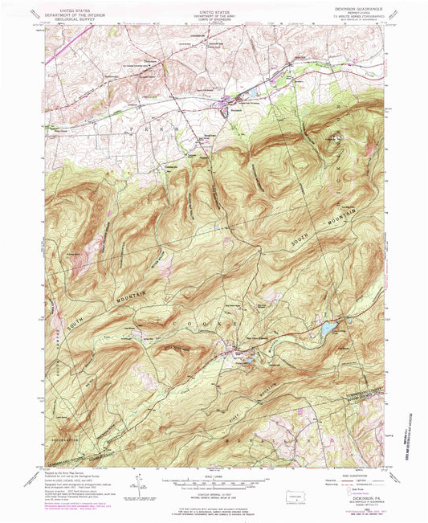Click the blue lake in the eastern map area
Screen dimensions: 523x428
pyautogui.click(x=328, y=328)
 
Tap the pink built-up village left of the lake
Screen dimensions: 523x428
pyautogui.click(x=241, y=353)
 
